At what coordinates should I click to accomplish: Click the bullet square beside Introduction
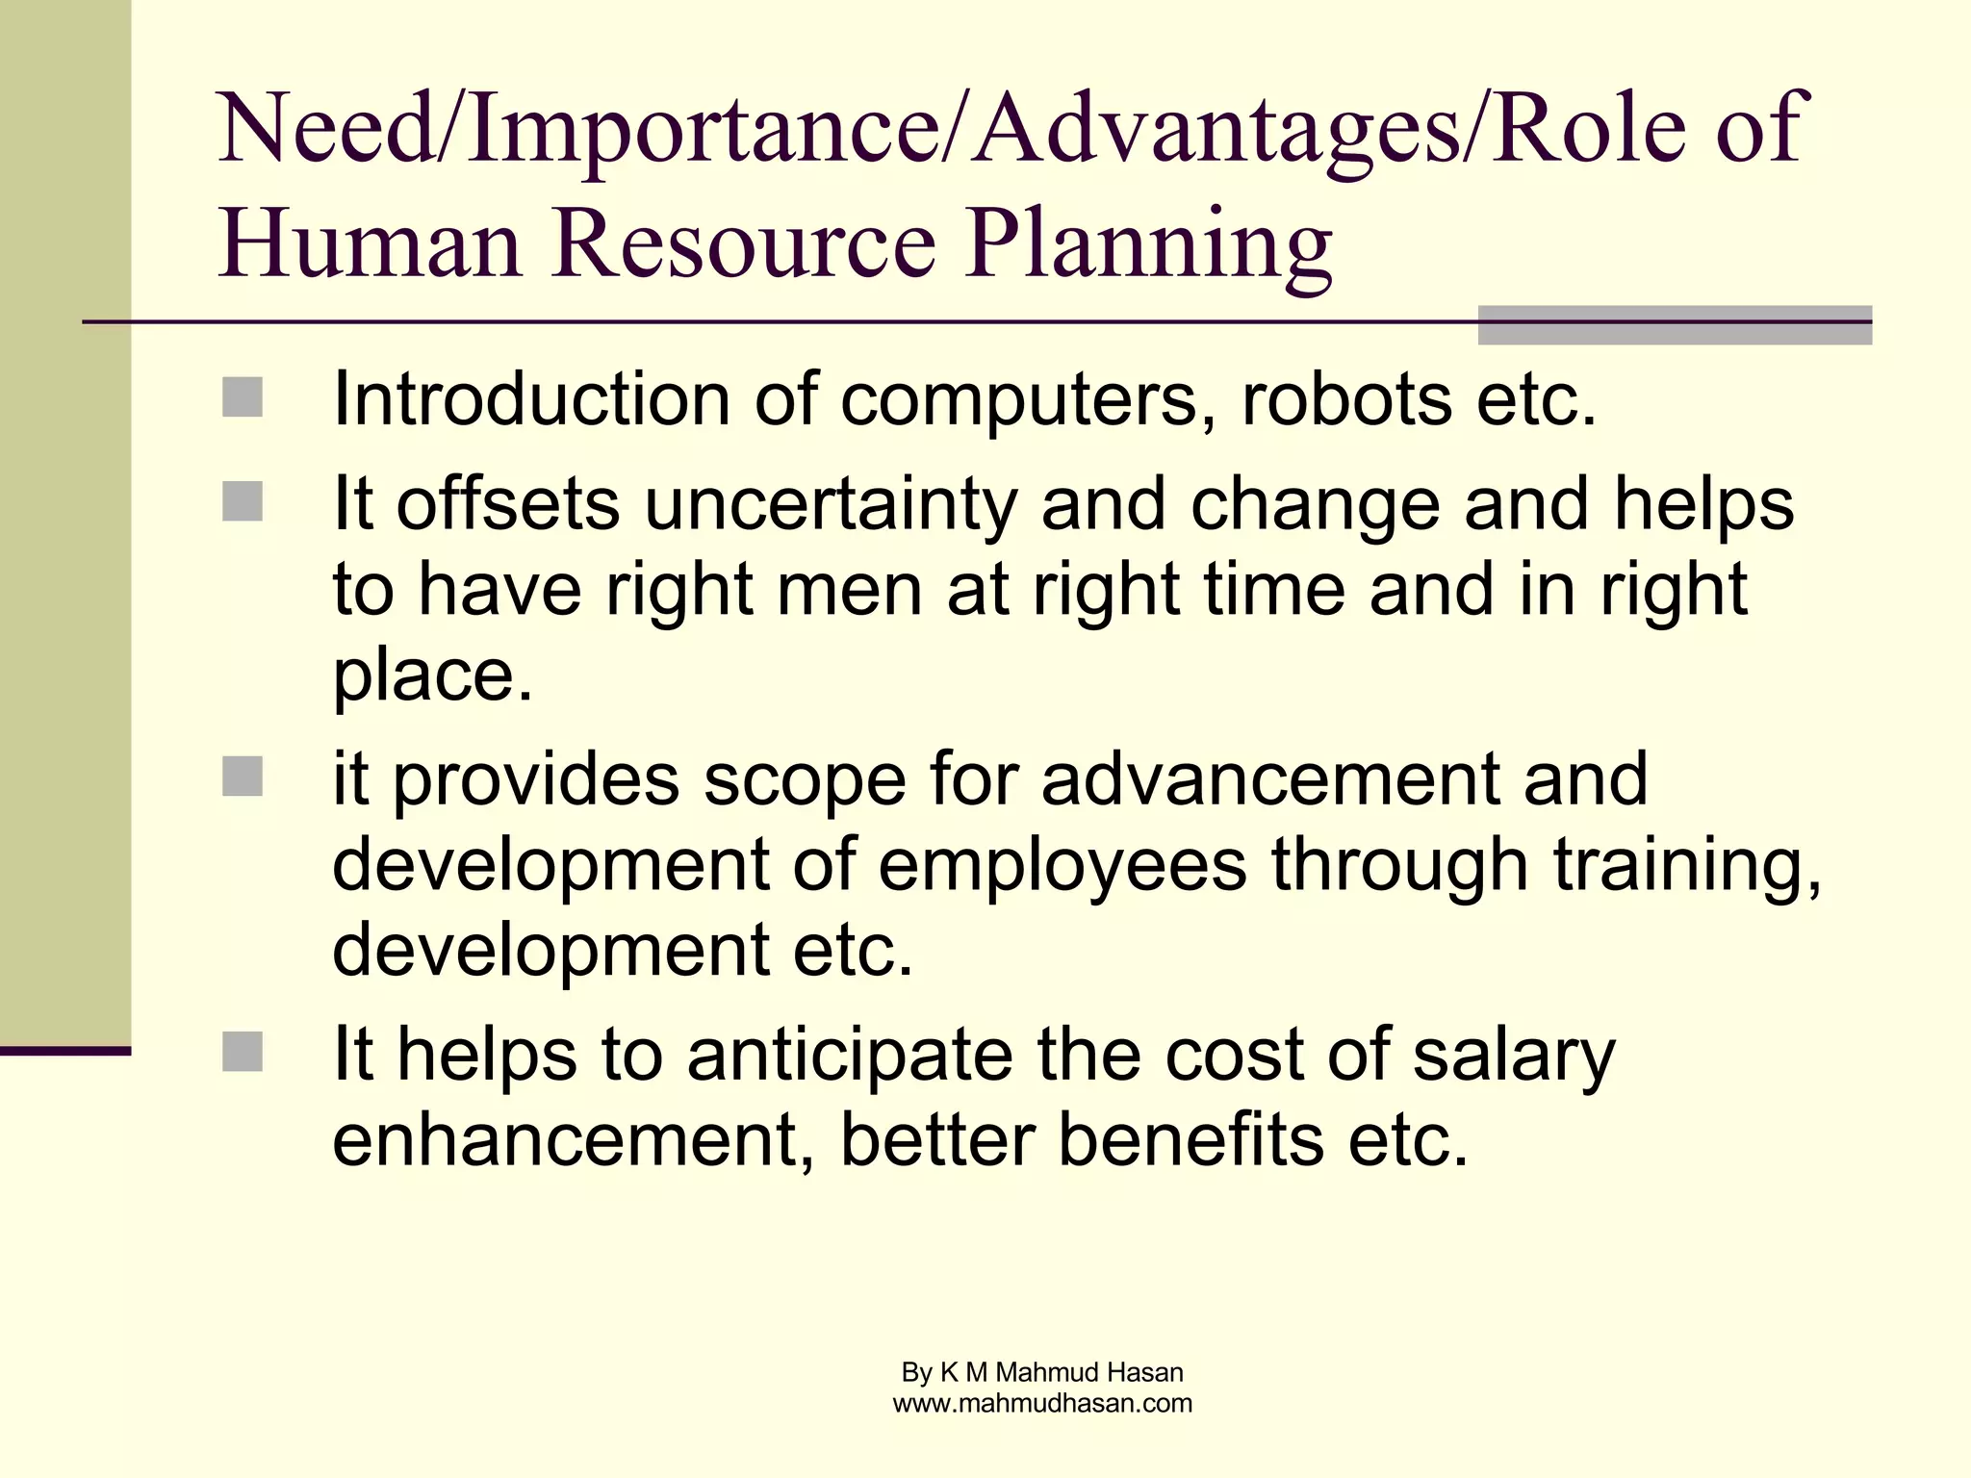[x=243, y=397]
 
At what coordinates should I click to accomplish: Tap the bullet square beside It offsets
[x=243, y=501]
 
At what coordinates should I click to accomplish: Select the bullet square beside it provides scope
[x=243, y=777]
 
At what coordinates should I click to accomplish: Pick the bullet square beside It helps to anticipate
[x=243, y=1052]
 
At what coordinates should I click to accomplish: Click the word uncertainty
[x=831, y=505]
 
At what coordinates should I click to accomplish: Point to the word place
[x=432, y=675]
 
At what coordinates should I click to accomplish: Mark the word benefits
[x=1190, y=1139]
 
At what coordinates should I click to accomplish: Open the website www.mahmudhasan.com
[x=1042, y=1403]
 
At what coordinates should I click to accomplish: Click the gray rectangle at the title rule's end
[x=1674, y=325]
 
